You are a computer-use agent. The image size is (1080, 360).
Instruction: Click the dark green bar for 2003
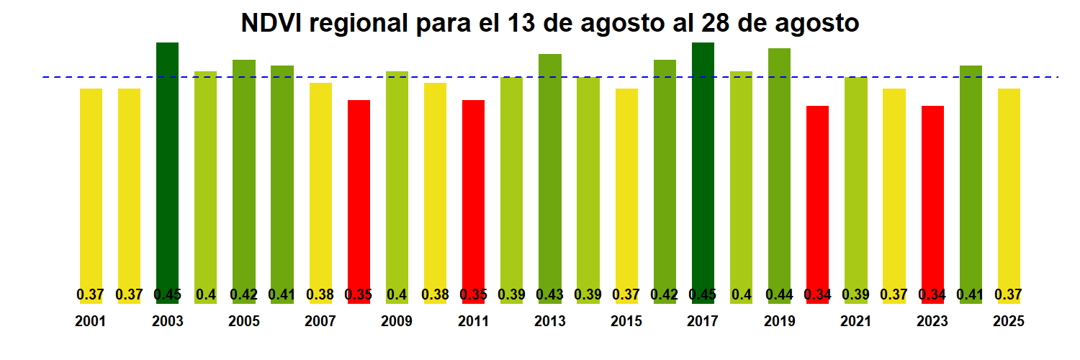(167, 173)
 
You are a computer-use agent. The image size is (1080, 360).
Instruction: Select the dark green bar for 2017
(703, 173)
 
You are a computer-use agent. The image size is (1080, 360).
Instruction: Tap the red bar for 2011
(473, 194)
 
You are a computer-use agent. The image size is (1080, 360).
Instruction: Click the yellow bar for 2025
(1009, 187)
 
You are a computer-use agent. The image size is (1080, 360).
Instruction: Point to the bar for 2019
(779, 173)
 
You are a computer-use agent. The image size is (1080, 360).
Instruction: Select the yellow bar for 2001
(91, 187)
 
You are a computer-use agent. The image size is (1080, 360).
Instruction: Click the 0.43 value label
(549, 294)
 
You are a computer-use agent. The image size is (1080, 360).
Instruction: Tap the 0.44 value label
(779, 294)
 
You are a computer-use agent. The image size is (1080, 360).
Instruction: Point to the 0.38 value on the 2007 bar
(320, 294)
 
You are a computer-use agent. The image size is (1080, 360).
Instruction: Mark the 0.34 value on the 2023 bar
(932, 294)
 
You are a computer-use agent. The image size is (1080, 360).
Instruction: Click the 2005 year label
(244, 322)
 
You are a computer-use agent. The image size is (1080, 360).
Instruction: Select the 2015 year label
(626, 322)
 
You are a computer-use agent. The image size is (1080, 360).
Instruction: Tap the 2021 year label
(856, 322)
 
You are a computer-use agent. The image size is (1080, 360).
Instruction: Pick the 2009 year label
(397, 322)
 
